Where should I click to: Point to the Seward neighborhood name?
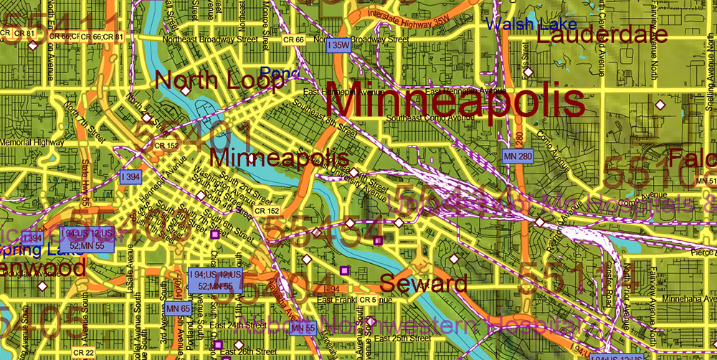[x=424, y=283]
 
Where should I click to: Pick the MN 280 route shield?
[x=518, y=156]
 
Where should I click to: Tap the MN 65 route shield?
[x=177, y=308]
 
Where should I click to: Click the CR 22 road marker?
[x=84, y=352]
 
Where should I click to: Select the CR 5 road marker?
[x=368, y=299]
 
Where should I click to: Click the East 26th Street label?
[x=248, y=352]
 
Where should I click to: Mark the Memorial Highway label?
[x=32, y=142]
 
